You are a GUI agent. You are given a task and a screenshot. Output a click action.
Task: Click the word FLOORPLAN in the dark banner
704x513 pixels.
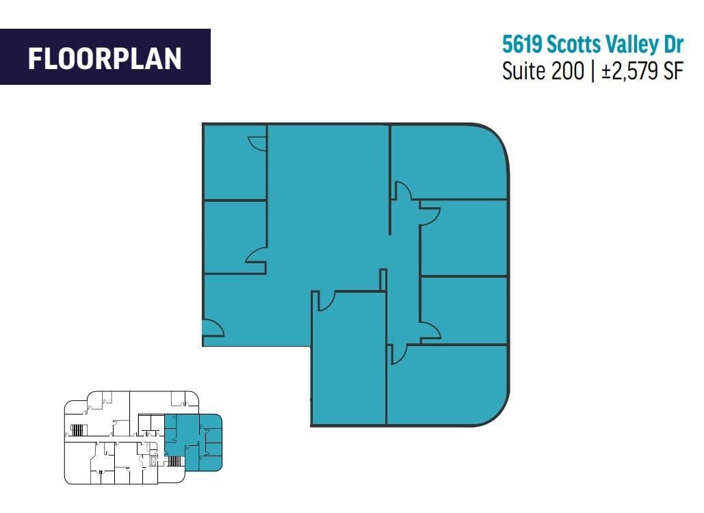[x=105, y=58]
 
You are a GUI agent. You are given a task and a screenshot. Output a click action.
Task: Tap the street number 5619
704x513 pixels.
[x=522, y=45]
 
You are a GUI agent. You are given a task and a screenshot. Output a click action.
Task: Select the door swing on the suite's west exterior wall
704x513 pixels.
[x=213, y=328]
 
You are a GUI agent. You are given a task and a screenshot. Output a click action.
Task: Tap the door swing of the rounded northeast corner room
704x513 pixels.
[x=402, y=189]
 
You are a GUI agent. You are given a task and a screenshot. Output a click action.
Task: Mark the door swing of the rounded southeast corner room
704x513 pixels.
[x=398, y=353]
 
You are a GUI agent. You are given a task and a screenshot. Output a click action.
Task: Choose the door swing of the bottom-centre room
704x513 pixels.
[x=324, y=300]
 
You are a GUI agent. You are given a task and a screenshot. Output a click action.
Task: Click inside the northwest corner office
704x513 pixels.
[x=235, y=163]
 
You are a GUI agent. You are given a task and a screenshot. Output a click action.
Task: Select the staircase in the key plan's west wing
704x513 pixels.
[x=77, y=430]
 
